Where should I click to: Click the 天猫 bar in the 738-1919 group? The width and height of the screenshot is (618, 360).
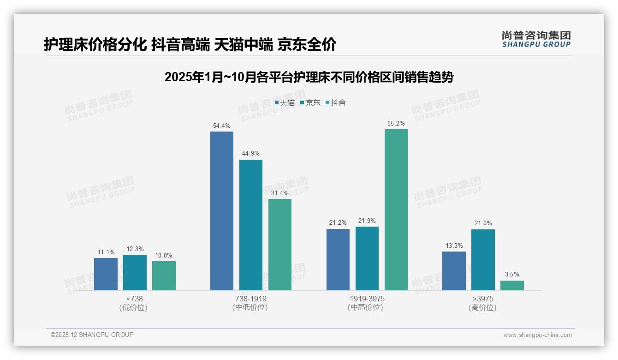click(222, 211)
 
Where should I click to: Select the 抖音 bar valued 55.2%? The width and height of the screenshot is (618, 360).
click(396, 210)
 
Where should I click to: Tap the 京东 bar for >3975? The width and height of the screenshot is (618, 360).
click(483, 260)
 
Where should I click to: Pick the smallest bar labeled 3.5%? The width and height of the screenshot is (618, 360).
click(512, 285)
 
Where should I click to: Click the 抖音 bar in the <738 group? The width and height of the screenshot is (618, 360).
click(164, 276)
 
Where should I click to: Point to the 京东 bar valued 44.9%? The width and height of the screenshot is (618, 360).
click(251, 225)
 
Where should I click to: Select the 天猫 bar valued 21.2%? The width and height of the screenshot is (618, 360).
click(338, 259)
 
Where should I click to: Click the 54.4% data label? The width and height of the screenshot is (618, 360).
click(222, 126)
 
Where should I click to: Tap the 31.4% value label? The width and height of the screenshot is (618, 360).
click(280, 193)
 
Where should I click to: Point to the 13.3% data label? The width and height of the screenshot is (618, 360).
click(454, 246)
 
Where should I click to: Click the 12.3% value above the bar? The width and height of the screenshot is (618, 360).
click(135, 249)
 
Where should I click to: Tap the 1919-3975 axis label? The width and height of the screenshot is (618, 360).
click(367, 299)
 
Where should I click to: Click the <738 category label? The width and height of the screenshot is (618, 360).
click(135, 299)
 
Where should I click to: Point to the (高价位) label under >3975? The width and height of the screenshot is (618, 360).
click(482, 308)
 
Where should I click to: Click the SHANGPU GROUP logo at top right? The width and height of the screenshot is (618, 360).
click(536, 39)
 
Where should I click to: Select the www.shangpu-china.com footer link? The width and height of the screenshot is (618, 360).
click(537, 335)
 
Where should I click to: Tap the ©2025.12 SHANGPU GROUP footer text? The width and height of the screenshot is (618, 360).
click(92, 335)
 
